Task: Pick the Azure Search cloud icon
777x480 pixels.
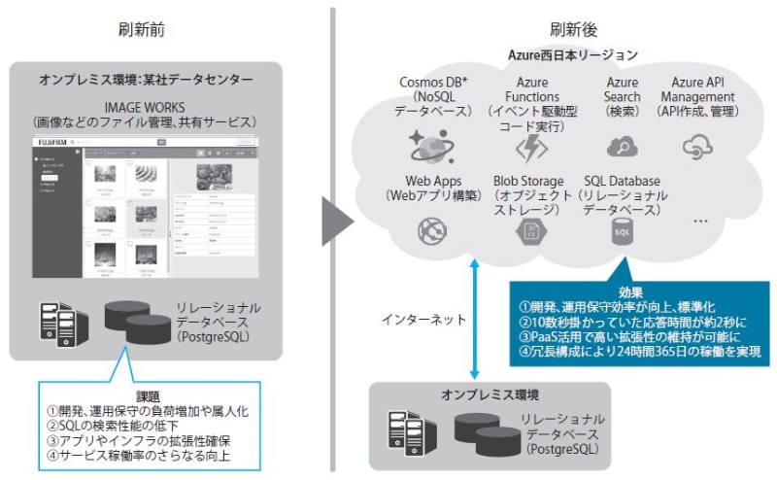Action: pos(622,147)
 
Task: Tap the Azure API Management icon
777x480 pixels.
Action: pos(697,148)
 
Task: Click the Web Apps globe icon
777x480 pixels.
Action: pos(430,230)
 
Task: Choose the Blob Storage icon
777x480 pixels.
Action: pos(530,230)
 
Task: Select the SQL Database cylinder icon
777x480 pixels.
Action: pos(622,231)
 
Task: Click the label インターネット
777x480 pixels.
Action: pos(417,319)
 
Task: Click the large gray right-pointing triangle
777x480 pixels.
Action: pos(337,224)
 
